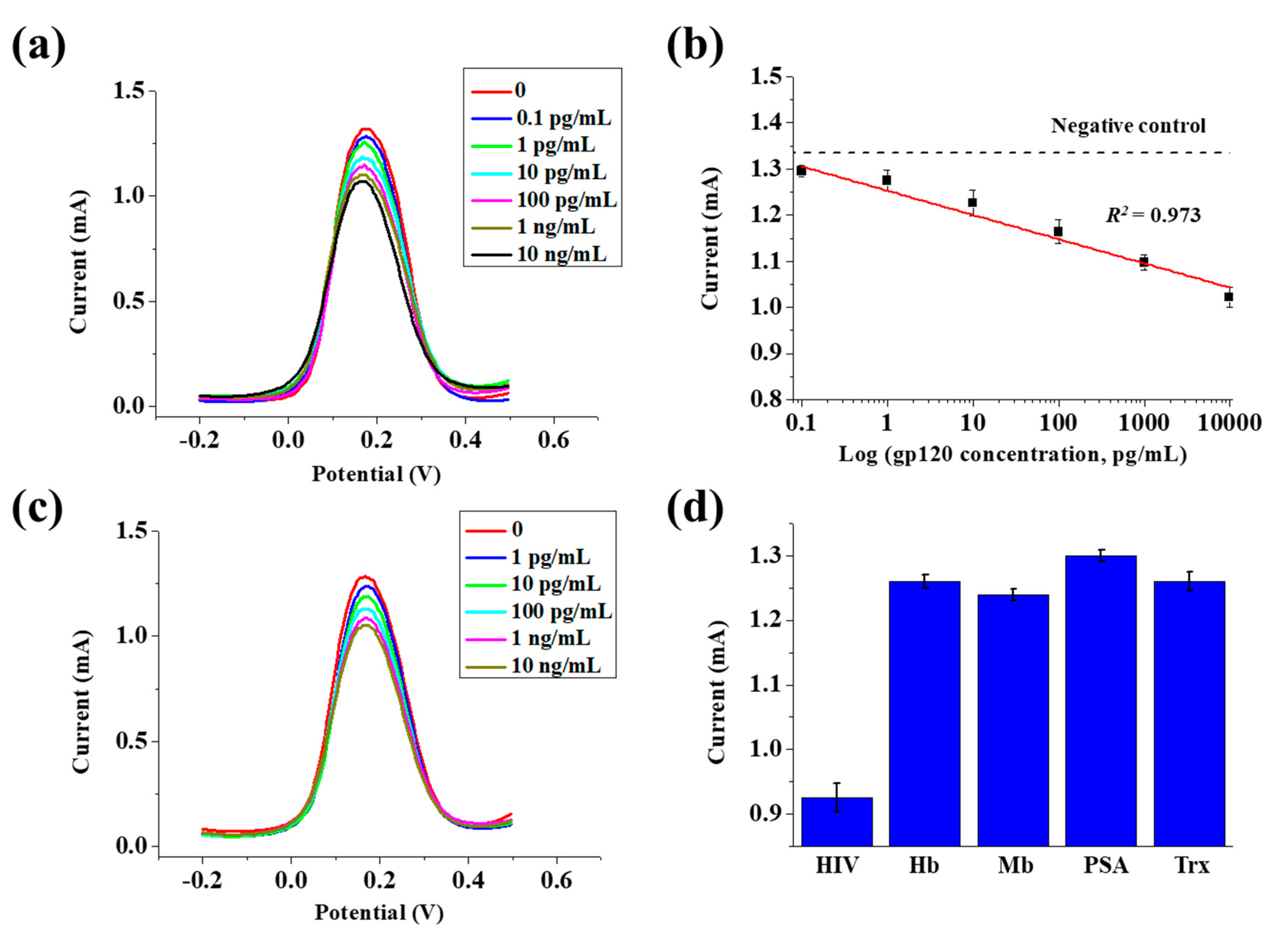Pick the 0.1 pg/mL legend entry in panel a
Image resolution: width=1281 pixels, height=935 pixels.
563,118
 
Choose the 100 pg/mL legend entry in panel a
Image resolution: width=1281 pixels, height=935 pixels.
566,200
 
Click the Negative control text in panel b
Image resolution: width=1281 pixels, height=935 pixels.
1128,125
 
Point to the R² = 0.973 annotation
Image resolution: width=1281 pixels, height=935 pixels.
1153,215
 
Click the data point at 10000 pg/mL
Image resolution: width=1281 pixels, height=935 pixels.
1228,296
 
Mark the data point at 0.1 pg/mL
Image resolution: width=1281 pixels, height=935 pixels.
801,170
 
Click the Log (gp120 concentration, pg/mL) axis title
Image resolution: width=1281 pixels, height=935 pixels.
1013,455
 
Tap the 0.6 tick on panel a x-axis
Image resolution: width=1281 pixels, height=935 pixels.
553,440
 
